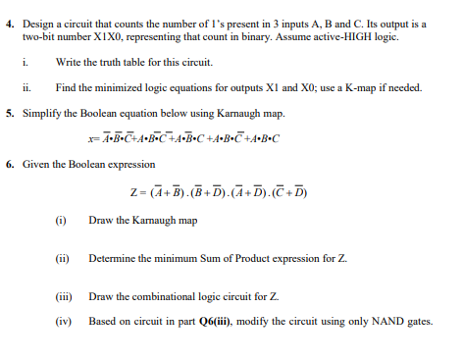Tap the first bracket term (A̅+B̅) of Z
(180, 191)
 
